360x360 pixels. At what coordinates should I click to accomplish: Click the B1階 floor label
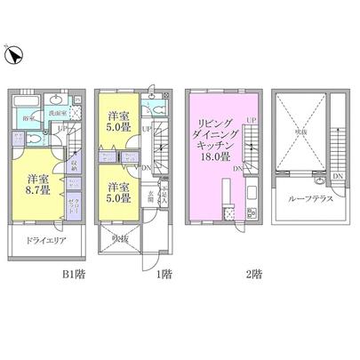[47, 275]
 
